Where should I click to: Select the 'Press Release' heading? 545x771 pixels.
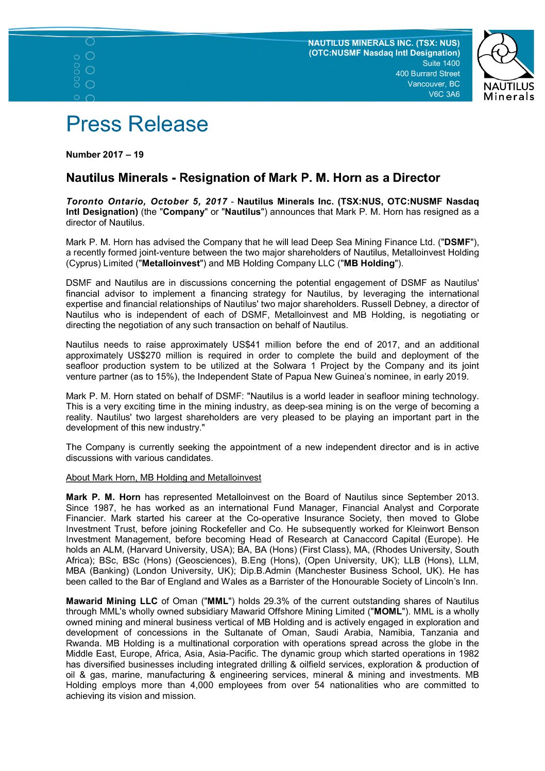137,124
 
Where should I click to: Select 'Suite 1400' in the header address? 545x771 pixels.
441,63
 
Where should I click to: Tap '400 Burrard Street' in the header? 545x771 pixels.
428,74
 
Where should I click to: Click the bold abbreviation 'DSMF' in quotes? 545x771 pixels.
457,242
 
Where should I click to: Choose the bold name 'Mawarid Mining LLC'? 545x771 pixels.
112,601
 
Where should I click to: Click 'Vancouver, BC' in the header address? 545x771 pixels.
434,84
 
